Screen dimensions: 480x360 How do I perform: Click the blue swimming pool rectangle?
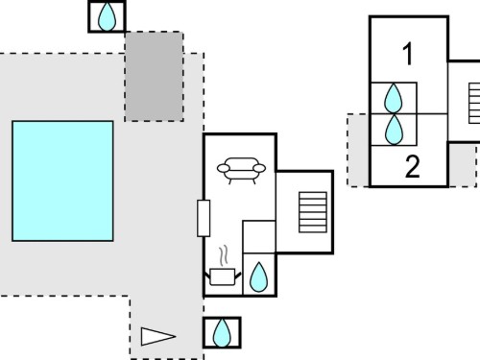[62, 180]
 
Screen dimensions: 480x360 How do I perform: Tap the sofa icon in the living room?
[241, 170]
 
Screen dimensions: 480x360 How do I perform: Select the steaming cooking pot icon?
[223, 276]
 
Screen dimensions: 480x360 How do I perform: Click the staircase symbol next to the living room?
[313, 212]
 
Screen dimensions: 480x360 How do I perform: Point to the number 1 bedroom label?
[408, 55]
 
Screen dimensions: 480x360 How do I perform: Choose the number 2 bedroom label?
[413, 166]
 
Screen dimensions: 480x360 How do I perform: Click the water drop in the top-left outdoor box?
[107, 17]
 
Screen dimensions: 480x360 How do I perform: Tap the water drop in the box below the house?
[222, 333]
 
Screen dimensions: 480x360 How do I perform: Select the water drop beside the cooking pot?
[258, 276]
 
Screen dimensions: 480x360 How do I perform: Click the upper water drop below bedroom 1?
[393, 98]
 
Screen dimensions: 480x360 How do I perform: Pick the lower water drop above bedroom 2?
[394, 130]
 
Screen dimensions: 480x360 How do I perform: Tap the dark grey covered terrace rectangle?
[155, 77]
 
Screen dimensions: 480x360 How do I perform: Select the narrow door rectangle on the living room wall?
[204, 218]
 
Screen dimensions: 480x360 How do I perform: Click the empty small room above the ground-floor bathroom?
[259, 237]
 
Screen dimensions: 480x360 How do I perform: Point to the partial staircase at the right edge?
[474, 104]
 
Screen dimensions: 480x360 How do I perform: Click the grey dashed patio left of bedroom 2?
[358, 150]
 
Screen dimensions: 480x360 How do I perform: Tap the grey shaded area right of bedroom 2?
[462, 164]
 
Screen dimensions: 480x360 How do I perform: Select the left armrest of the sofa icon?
[224, 168]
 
